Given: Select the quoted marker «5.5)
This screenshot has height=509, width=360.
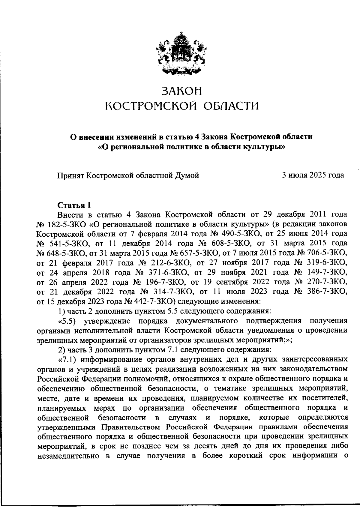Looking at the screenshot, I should (x=68, y=321).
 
